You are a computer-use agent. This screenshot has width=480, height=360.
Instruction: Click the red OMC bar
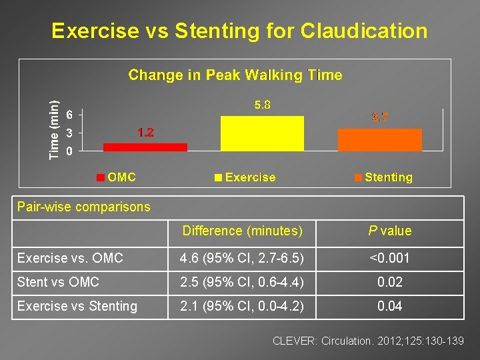click(145, 147)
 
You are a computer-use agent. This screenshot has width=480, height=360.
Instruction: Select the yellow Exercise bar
click(263, 133)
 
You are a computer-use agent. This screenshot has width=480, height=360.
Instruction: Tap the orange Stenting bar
click(380, 140)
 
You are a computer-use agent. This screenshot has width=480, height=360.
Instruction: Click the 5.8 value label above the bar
click(262, 105)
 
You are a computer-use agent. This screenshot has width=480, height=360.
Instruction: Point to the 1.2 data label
click(145, 133)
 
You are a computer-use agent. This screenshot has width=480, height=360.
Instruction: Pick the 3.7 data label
click(380, 117)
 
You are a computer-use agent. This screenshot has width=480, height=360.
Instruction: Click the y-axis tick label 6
click(70, 114)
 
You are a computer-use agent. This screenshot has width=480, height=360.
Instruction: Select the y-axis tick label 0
click(70, 151)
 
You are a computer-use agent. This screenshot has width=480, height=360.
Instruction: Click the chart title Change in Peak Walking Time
click(235, 75)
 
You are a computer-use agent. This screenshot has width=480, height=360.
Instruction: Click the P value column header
click(390, 231)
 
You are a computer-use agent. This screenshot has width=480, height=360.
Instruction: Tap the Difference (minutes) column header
click(243, 231)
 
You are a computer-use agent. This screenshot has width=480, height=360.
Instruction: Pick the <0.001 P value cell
click(390, 257)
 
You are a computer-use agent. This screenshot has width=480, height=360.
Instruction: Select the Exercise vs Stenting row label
click(77, 306)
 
